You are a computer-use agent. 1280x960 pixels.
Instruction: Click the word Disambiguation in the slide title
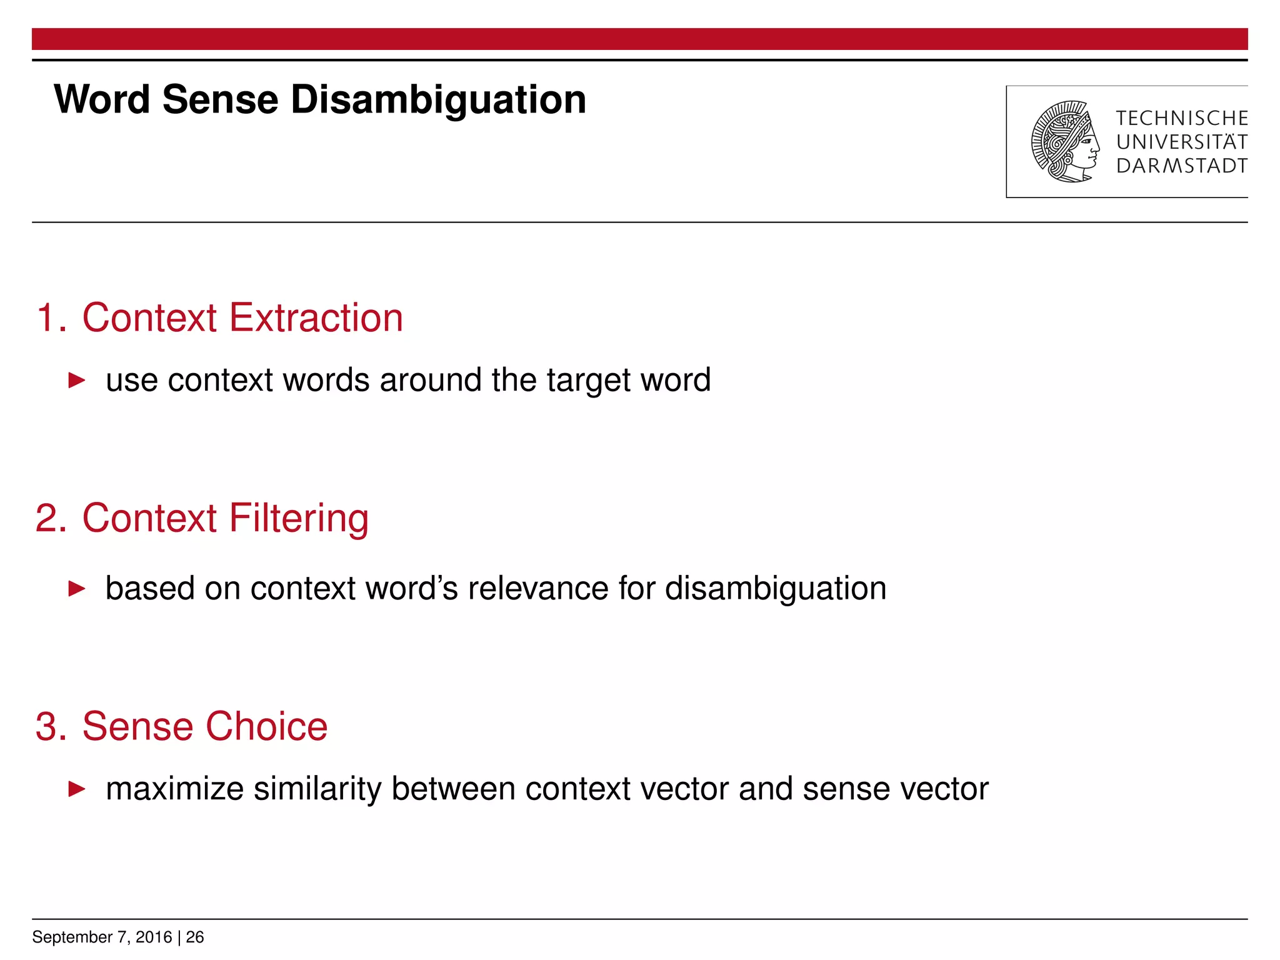tap(438, 100)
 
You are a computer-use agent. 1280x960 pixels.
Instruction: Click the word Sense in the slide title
tap(220, 100)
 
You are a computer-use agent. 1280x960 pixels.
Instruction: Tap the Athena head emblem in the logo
tap(1065, 142)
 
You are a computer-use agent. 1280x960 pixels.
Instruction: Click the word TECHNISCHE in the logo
tap(1181, 118)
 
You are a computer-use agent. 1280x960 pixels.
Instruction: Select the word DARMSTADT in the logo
tap(1181, 166)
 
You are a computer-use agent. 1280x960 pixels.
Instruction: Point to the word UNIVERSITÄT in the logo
tap(1181, 142)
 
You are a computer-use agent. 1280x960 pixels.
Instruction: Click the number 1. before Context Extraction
tap(51, 318)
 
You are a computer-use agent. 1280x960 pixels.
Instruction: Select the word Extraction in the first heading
tap(316, 318)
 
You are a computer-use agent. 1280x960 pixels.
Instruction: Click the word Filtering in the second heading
tap(298, 518)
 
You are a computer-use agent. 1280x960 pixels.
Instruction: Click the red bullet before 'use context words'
tap(76, 380)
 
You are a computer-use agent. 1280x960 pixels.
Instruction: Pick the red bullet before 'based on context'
tap(76, 588)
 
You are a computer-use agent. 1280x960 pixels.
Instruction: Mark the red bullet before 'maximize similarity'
tap(76, 789)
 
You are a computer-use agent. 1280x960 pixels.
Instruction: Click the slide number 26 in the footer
tap(195, 937)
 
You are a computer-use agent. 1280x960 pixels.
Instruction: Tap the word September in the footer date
tap(72, 937)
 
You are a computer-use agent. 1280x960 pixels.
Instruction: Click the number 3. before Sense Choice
tap(51, 726)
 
